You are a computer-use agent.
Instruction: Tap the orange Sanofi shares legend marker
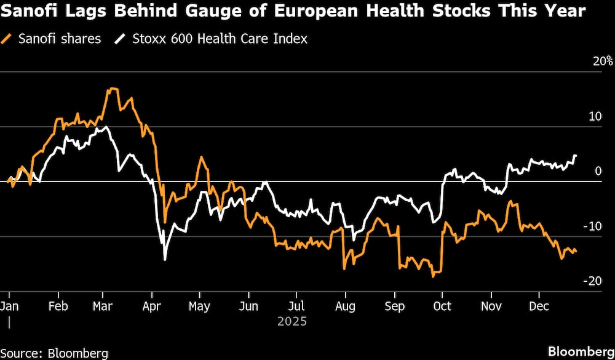coord(7,39)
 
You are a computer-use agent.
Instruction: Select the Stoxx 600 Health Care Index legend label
coord(220,39)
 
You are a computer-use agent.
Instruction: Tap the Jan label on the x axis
coord(9,306)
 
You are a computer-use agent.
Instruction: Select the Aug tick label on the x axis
coord(346,306)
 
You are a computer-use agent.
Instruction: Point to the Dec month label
coord(539,306)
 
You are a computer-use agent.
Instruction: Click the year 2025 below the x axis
coord(292,321)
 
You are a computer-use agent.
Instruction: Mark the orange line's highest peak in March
coord(111,89)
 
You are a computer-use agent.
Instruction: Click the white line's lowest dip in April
coord(165,259)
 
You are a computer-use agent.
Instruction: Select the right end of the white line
coord(576,156)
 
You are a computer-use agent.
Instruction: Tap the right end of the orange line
coord(576,252)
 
